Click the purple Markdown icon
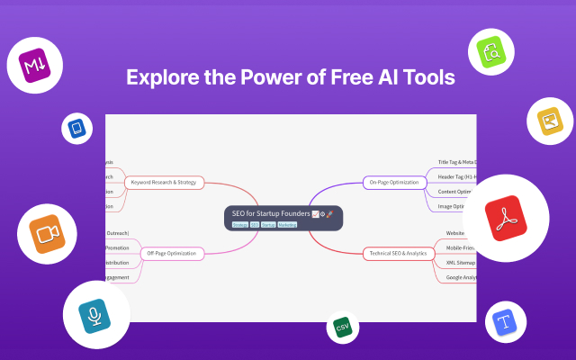point(39,65)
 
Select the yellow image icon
point(549,121)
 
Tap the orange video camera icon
point(47,234)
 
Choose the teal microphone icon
point(94,315)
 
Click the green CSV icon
point(342,328)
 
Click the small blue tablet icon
point(77,129)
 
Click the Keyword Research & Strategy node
point(164,183)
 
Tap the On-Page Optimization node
point(391,183)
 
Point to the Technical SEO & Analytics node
point(397,253)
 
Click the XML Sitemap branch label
point(460,262)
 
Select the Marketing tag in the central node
point(287,225)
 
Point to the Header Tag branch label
point(457,176)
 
